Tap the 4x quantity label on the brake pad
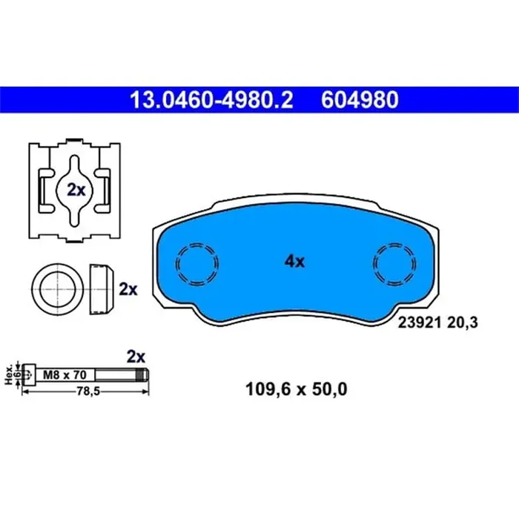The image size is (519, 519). (294, 261)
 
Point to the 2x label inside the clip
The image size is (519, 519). (76, 190)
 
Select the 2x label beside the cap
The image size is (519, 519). (128, 289)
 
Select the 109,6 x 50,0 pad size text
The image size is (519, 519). (295, 388)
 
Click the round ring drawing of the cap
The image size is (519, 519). (56, 288)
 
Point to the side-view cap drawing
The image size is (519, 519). (101, 288)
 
